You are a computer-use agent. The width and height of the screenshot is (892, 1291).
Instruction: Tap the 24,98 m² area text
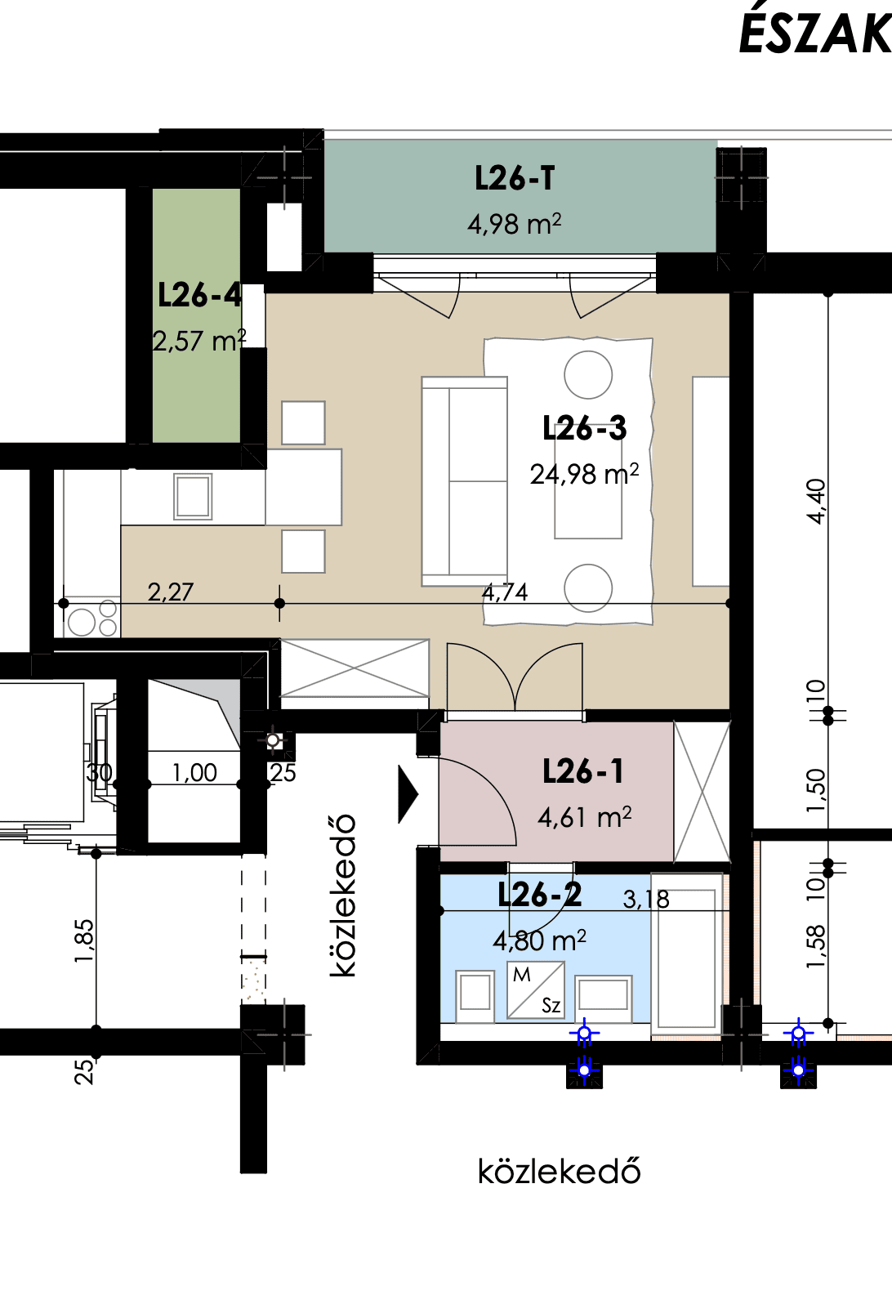click(x=584, y=475)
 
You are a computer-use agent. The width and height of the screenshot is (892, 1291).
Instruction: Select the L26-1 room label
click(x=583, y=771)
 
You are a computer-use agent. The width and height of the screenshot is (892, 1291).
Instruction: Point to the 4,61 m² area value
click(x=584, y=817)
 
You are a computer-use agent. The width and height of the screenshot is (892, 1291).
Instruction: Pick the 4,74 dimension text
click(x=505, y=592)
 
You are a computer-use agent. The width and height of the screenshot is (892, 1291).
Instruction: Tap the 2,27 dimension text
click(x=171, y=592)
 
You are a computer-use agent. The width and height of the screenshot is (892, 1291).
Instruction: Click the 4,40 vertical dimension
click(x=817, y=502)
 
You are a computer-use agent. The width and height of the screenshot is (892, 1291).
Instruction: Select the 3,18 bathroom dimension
click(x=646, y=899)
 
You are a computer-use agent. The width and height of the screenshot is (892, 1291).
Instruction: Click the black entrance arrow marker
click(x=408, y=794)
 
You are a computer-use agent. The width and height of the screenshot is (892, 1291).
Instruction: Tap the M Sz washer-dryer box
click(x=536, y=989)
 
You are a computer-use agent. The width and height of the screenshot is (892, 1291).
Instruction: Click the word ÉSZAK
click(x=814, y=34)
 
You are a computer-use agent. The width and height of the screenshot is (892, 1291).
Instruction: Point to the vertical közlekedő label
click(x=343, y=896)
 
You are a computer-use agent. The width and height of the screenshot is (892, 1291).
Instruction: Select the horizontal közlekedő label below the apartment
click(x=559, y=1171)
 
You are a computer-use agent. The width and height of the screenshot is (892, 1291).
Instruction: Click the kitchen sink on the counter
click(x=193, y=496)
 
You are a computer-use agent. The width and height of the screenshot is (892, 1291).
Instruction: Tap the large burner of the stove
click(x=82, y=623)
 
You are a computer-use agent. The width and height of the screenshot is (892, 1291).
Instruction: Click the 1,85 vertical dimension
click(x=84, y=940)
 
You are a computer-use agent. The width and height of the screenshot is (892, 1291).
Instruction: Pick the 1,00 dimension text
click(x=194, y=772)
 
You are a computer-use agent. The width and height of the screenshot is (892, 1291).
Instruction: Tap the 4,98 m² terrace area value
click(x=514, y=224)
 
